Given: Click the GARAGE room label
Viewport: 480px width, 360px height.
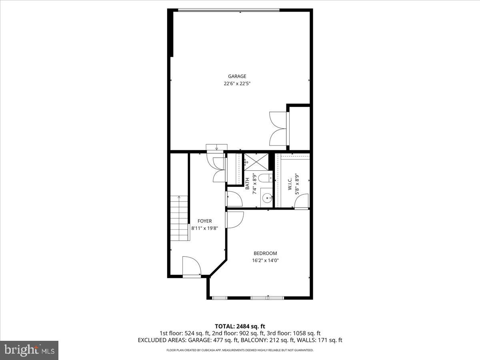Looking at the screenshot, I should click(237, 76).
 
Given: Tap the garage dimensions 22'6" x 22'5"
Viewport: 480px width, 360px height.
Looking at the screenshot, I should click(237, 84).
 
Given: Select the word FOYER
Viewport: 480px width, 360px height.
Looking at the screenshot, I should click(204, 221).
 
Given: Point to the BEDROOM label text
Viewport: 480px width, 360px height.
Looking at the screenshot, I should click(265, 253).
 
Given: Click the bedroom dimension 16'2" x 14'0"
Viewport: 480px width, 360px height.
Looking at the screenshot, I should click(265, 260).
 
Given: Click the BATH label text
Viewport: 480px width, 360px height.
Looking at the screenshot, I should click(248, 183).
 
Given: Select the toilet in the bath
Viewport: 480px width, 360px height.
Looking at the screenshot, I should click(264, 178).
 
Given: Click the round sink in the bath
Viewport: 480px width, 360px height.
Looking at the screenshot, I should click(267, 198).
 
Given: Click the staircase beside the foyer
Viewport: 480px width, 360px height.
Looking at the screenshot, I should click(179, 218).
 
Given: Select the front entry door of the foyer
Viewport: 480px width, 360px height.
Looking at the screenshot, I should click(191, 267).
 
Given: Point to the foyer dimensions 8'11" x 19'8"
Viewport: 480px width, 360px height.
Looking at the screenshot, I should click(204, 228).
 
